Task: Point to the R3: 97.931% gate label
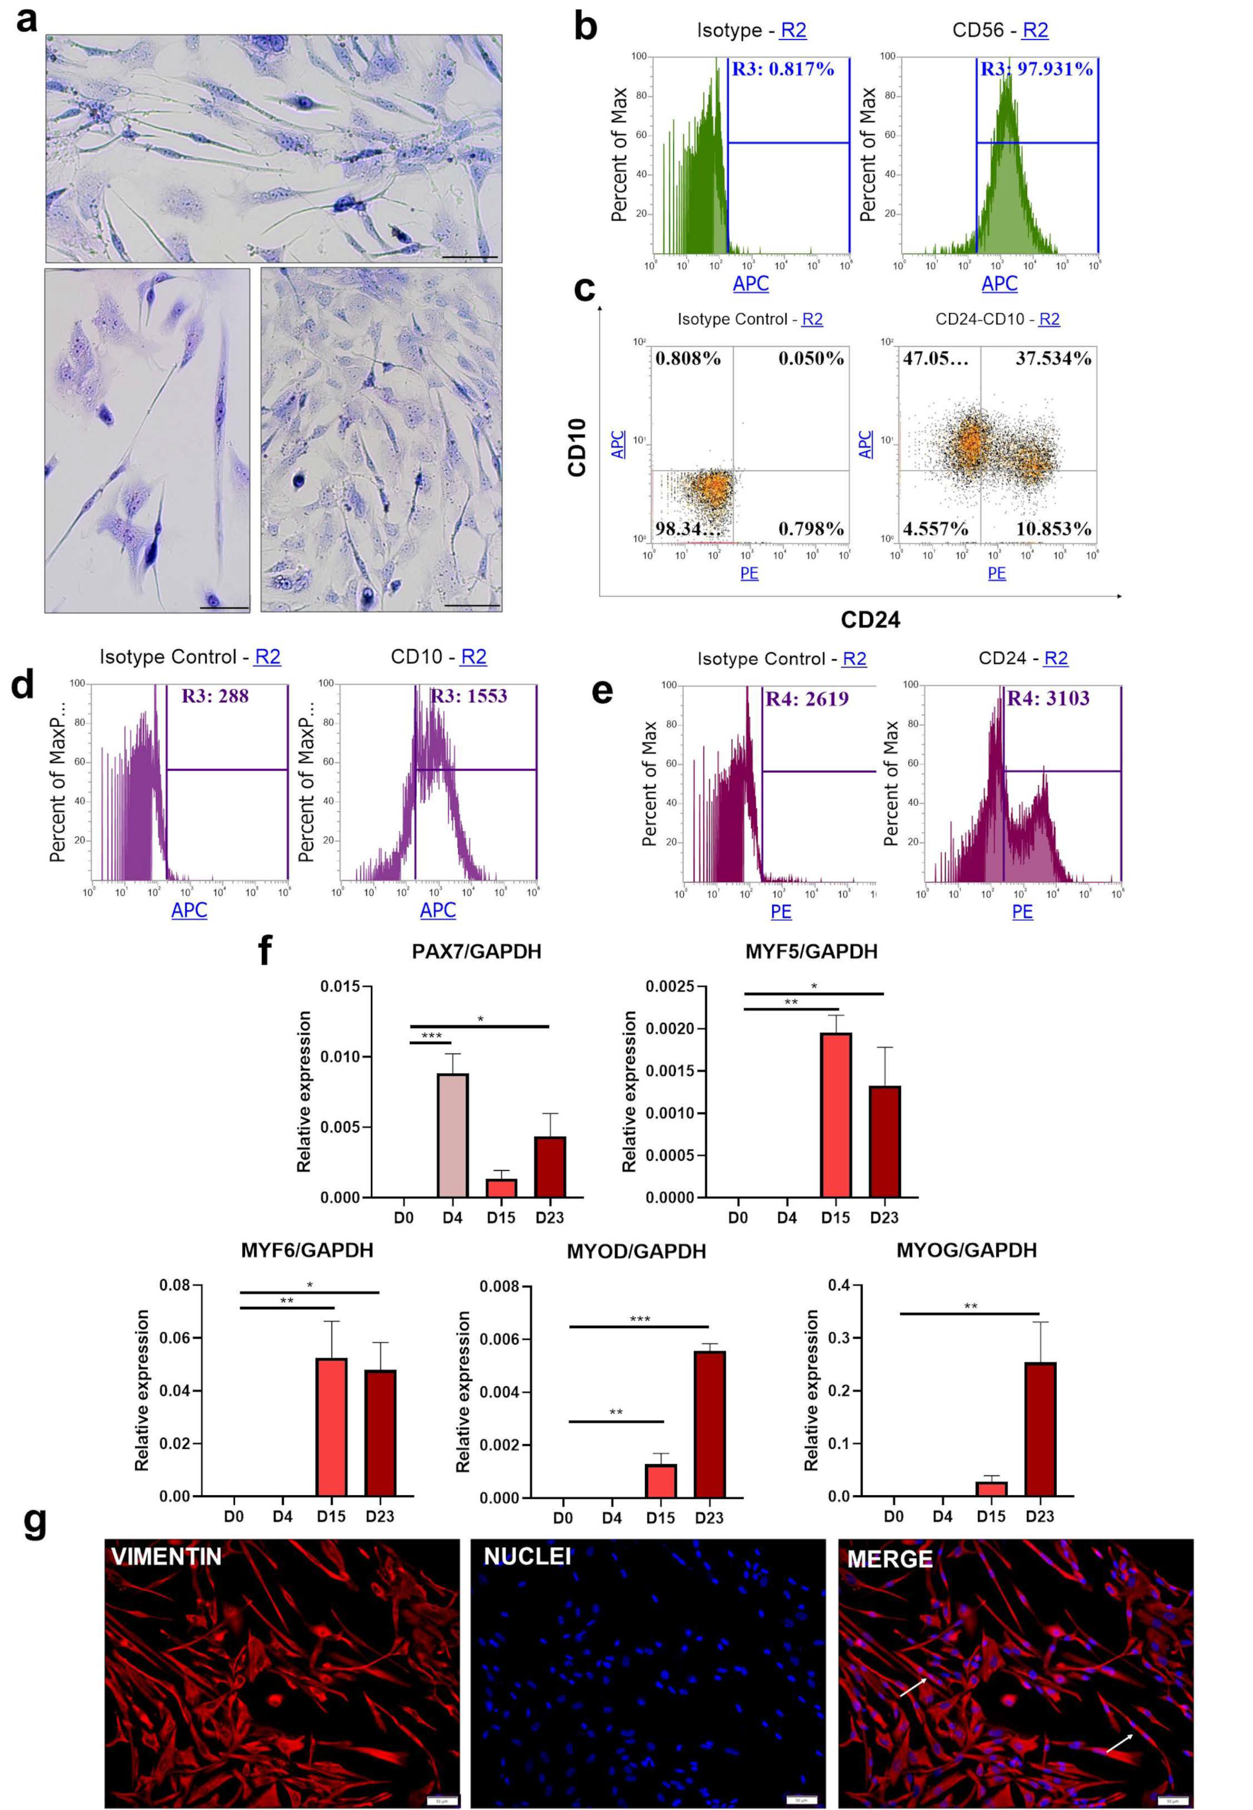tap(1036, 69)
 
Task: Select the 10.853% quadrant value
tap(1053, 529)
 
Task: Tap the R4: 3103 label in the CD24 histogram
tap(1048, 698)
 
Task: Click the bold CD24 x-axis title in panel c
tap(870, 620)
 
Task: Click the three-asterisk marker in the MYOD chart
tap(640, 1319)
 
